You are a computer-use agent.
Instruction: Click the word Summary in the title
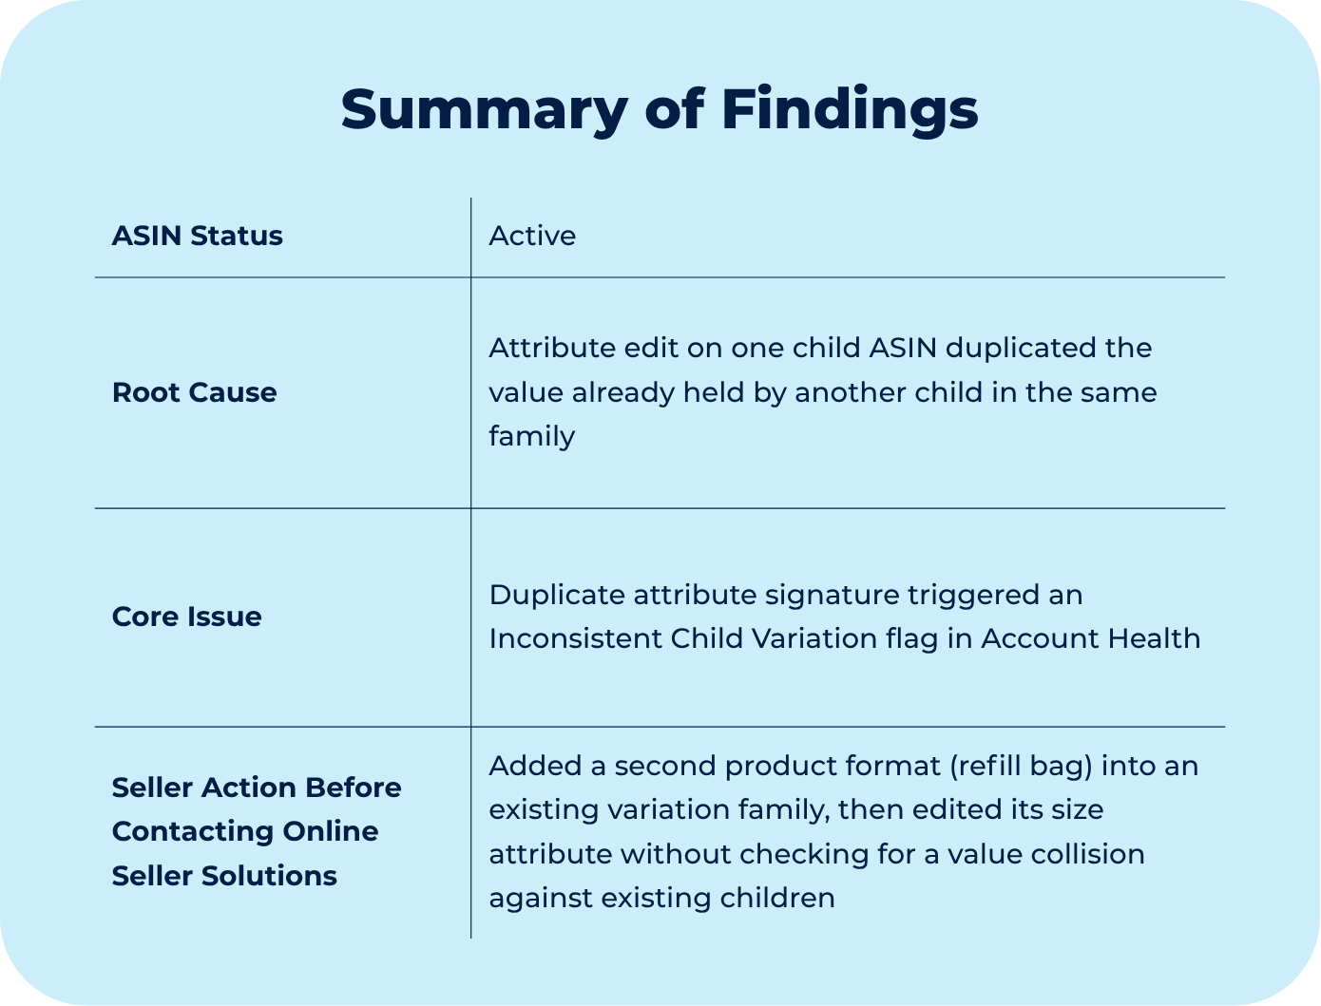pyautogui.click(x=485, y=111)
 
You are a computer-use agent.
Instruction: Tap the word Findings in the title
pyautogui.click(x=850, y=111)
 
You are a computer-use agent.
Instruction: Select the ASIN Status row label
pyautogui.click(x=198, y=236)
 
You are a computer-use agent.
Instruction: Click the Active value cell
pyautogui.click(x=532, y=236)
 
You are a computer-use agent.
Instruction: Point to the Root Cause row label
pyautogui.click(x=195, y=392)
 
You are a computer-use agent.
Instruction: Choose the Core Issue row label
pyautogui.click(x=186, y=617)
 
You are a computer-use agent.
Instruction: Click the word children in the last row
pyautogui.click(x=777, y=898)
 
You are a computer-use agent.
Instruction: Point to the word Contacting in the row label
pyautogui.click(x=193, y=831)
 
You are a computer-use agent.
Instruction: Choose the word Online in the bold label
pyautogui.click(x=331, y=831)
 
